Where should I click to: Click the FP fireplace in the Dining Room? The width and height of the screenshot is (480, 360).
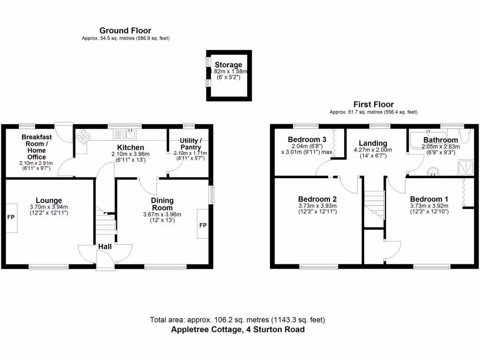click(203, 225)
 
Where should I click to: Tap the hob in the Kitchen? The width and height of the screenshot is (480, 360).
click(83, 135)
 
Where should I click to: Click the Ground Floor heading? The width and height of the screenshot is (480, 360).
click(125, 31)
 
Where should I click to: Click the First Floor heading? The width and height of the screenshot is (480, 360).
click(373, 105)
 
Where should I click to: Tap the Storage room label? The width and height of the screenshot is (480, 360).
click(228, 65)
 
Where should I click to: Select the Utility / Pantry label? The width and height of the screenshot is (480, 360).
click(190, 144)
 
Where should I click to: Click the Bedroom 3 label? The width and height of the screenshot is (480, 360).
click(307, 140)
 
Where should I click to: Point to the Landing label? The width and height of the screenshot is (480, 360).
click(373, 143)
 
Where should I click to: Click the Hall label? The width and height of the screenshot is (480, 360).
click(105, 247)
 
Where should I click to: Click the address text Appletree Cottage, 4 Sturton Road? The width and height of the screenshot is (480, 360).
click(238, 330)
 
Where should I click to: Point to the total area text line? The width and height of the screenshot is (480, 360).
click(238, 320)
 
